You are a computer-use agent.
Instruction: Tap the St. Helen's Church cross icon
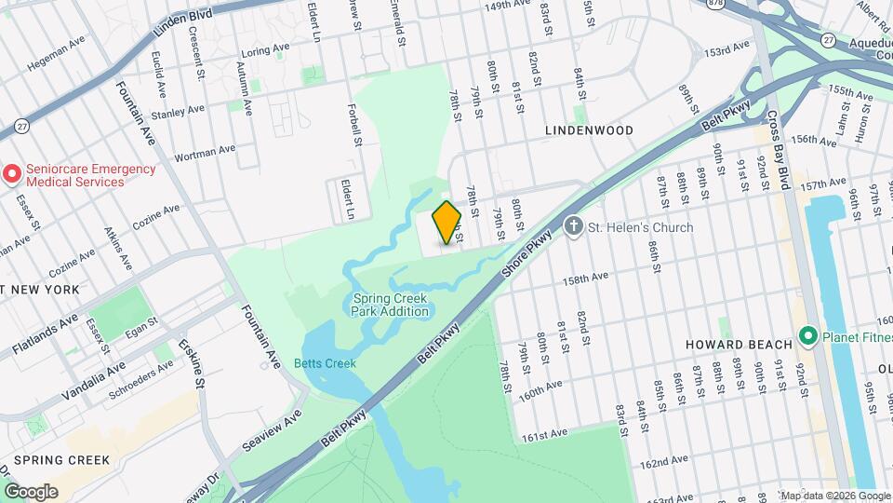pyautogui.click(x=574, y=227)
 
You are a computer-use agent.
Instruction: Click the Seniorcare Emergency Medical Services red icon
pyautogui.click(x=12, y=174)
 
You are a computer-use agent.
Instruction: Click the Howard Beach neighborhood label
pyautogui.click(x=738, y=345)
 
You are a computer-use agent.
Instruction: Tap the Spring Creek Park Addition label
pyautogui.click(x=391, y=305)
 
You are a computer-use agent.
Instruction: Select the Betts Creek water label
pyautogui.click(x=325, y=363)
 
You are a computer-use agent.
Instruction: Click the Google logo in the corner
pyautogui.click(x=31, y=491)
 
